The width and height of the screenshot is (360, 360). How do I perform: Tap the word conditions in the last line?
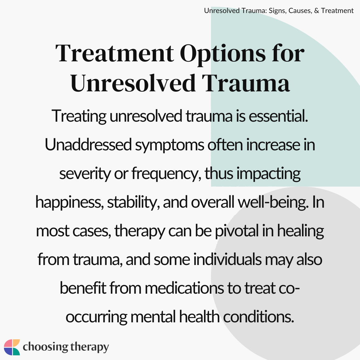pos(258,317)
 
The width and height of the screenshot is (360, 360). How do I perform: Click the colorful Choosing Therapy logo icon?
pos(12,347)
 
